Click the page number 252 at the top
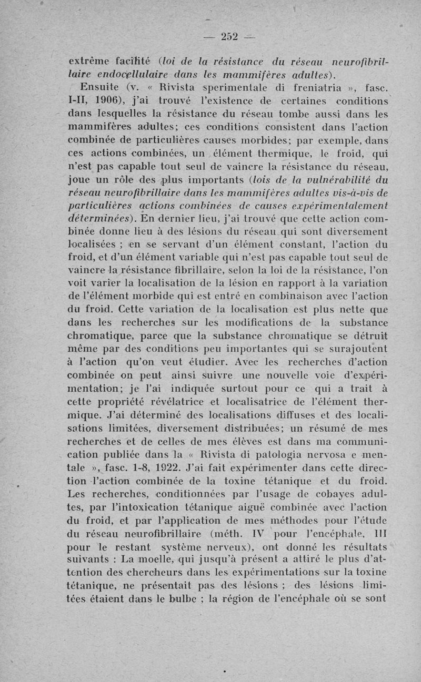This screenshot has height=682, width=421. tap(229, 36)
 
